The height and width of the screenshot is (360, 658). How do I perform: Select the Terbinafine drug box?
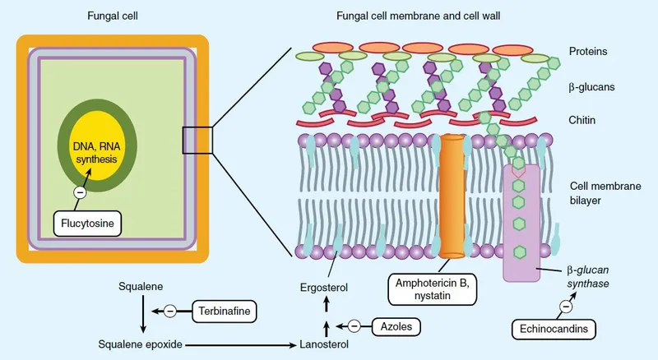click(x=224, y=311)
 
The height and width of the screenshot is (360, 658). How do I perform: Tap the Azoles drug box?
click(x=396, y=326)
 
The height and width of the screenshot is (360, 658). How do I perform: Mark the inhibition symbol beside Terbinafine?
click(x=169, y=311)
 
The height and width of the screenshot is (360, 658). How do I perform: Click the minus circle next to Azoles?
click(x=354, y=326)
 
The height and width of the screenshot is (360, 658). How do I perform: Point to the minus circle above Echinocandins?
click(x=567, y=307)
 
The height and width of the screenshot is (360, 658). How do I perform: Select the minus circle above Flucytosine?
click(x=80, y=193)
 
